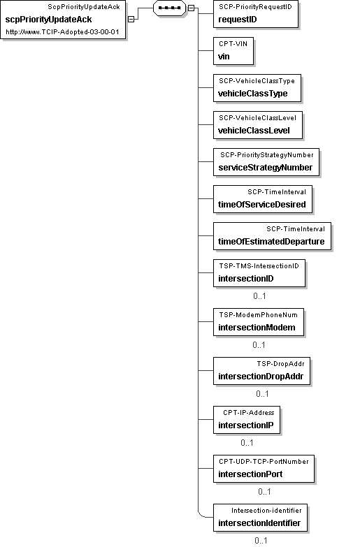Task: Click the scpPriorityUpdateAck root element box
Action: click(x=63, y=20)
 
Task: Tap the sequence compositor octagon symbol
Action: click(x=169, y=8)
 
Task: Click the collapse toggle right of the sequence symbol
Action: click(x=191, y=8)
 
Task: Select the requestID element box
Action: click(x=256, y=14)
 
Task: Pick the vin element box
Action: click(x=233, y=51)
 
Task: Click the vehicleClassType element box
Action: click(x=257, y=88)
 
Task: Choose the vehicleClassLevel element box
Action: click(x=258, y=125)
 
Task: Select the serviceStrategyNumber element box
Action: click(x=266, y=162)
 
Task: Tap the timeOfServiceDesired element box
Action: click(x=263, y=199)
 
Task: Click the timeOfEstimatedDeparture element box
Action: click(x=272, y=236)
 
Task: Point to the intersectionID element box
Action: click(x=259, y=273)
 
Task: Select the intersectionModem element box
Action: click(x=259, y=321)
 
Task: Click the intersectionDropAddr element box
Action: click(x=261, y=370)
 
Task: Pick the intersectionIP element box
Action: click(x=247, y=419)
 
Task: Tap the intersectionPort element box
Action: click(x=264, y=468)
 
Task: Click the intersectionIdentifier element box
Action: click(x=260, y=518)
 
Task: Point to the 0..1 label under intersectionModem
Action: click(x=259, y=345)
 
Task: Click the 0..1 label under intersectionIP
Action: click(x=247, y=443)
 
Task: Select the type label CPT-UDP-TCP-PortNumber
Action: click(x=264, y=462)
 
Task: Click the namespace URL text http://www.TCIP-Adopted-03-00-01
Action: click(x=62, y=32)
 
